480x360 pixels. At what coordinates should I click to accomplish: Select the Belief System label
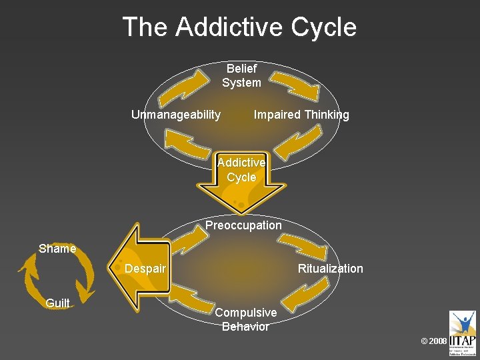click(241, 75)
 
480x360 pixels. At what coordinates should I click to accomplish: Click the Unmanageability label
click(176, 115)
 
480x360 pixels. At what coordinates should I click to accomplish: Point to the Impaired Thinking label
click(301, 115)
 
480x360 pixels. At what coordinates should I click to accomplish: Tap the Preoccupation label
click(243, 225)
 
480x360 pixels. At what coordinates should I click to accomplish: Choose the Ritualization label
click(330, 269)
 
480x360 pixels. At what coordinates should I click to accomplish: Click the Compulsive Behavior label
click(245, 319)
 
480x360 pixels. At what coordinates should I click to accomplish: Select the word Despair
click(145, 269)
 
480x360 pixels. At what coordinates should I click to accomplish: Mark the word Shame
click(57, 249)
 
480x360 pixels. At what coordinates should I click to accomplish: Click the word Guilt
click(57, 304)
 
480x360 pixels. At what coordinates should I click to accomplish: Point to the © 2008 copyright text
click(434, 341)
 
